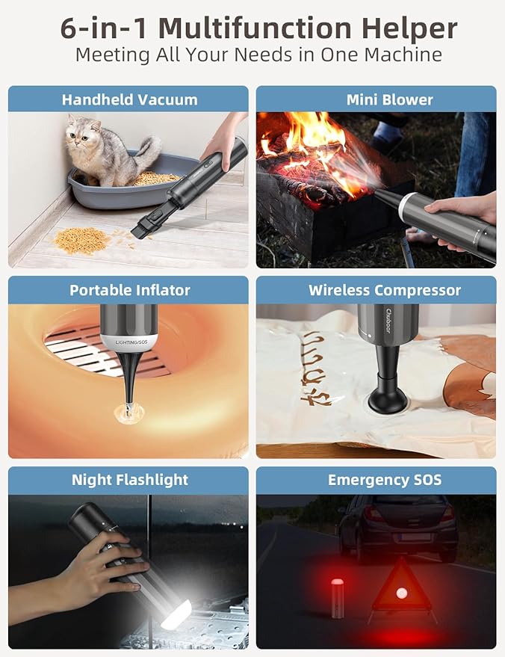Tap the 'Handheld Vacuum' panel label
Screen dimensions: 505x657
pos(129,99)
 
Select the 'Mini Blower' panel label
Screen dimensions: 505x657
pos(389,99)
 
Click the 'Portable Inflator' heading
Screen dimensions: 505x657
pos(130,290)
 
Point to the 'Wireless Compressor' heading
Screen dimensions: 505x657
pos(385,290)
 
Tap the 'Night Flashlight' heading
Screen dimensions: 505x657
pos(130,480)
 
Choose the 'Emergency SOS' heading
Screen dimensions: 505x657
pos(385,480)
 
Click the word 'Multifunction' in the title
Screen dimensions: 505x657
pos(255,28)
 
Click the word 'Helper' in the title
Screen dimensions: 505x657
pos(409,28)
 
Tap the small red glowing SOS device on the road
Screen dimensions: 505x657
pos(337,598)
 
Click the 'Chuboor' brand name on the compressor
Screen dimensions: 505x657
pos(388,321)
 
